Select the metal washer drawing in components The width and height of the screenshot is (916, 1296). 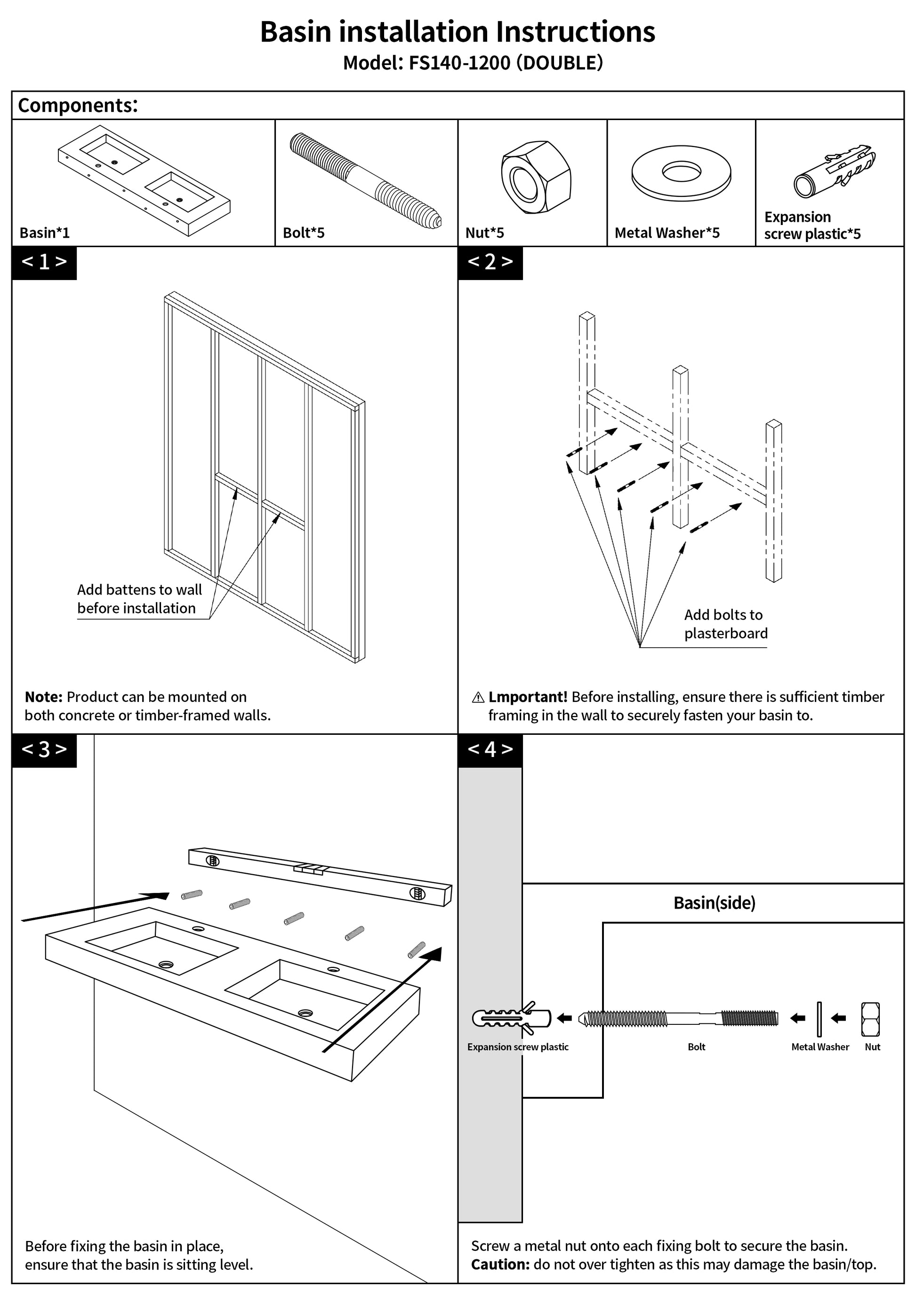[681, 173]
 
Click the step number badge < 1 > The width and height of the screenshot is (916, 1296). [44, 263]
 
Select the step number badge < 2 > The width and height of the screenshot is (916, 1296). [490, 263]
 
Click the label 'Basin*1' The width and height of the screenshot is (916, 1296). [45, 233]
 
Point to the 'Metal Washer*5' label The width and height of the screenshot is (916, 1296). [667, 233]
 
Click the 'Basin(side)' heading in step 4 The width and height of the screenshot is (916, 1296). [714, 903]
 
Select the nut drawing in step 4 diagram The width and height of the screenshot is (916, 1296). [870, 1019]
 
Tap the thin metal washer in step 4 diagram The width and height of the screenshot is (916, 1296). [819, 1019]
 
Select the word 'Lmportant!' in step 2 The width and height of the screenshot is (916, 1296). [528, 697]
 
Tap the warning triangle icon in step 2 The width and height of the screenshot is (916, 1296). [477, 698]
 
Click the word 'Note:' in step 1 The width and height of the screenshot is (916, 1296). [43, 697]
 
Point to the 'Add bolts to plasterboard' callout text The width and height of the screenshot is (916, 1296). [725, 624]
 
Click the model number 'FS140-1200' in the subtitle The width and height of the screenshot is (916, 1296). [459, 63]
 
